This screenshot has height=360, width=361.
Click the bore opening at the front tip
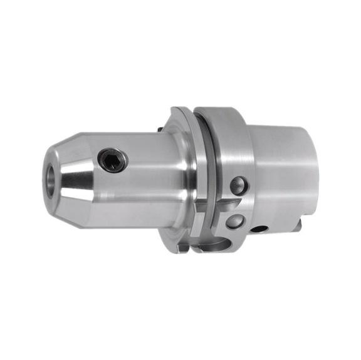pos(50,181)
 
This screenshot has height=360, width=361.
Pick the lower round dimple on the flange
pos(234,220)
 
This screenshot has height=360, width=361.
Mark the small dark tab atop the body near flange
pos(162,130)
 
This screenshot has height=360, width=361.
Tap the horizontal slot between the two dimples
pos(226,204)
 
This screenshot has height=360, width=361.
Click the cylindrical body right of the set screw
pos(147,169)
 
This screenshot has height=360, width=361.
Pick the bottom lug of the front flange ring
pos(182,247)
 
